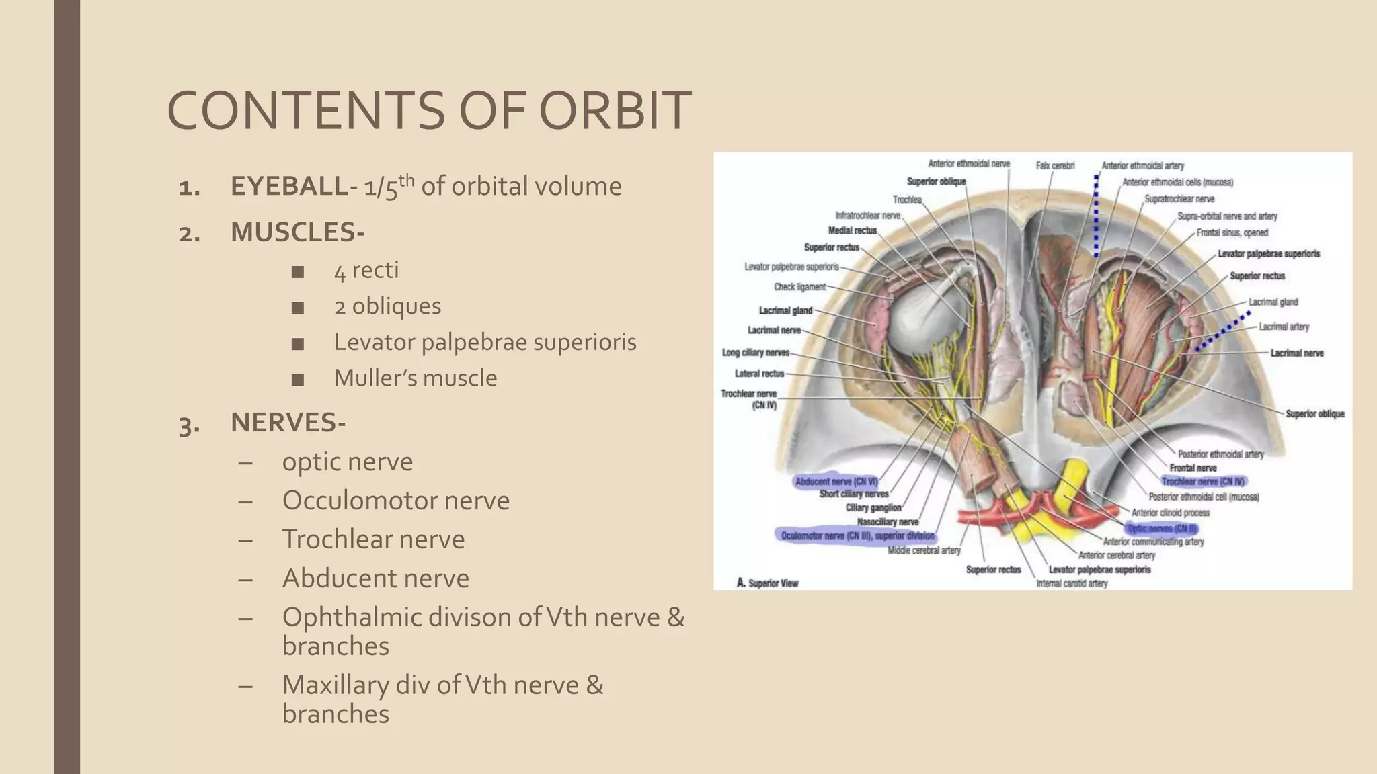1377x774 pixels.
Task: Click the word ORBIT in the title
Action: coord(615,111)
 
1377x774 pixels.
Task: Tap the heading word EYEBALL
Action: coord(289,187)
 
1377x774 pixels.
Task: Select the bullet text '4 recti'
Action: coord(366,270)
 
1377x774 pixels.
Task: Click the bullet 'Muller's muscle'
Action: coord(415,378)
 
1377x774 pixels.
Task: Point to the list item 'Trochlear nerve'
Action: coord(373,540)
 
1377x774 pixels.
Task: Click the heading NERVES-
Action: coord(288,423)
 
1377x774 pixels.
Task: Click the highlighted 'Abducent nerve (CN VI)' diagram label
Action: coord(836,482)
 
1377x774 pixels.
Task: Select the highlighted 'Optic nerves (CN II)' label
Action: coord(1162,529)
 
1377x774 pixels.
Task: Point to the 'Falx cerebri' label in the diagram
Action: coord(1055,165)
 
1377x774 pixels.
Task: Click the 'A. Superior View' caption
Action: coord(768,583)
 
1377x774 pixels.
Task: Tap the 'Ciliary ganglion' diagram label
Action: coord(873,508)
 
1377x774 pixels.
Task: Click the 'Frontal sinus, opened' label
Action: coord(1232,233)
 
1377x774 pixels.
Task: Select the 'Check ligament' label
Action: coord(799,287)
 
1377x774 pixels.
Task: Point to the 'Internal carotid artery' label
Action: coord(1072,583)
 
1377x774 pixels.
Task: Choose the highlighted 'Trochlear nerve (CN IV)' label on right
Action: coord(1204,482)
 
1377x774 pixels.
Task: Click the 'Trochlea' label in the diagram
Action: coord(907,200)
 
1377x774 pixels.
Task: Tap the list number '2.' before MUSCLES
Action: coord(190,233)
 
